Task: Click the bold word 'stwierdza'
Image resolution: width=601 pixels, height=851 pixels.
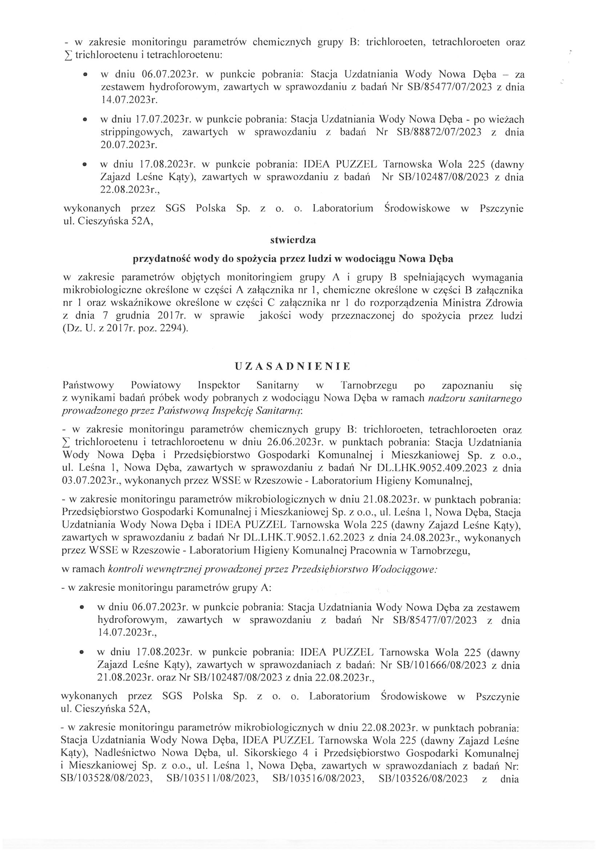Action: pyautogui.click(x=293, y=240)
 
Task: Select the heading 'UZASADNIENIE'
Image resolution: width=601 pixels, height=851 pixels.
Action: pyautogui.click(x=293, y=367)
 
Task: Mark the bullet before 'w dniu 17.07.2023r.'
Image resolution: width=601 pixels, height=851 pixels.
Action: pyautogui.click(x=85, y=120)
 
